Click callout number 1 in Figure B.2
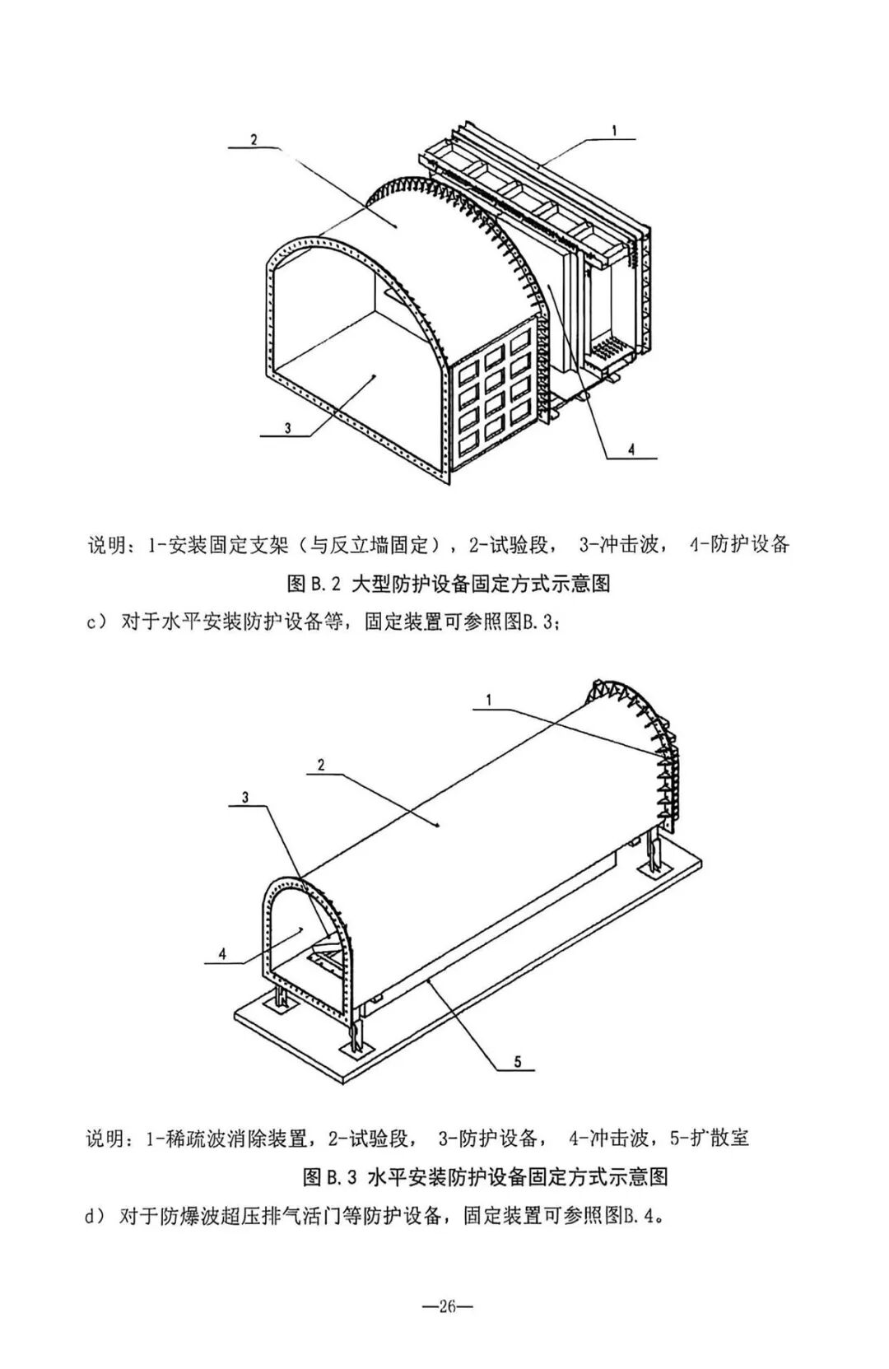pyautogui.click(x=614, y=129)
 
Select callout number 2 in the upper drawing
pyautogui.click(x=254, y=139)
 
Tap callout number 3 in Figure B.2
pyautogui.click(x=287, y=427)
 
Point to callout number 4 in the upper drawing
pyautogui.click(x=631, y=449)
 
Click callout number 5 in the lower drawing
pyautogui.click(x=518, y=1062)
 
